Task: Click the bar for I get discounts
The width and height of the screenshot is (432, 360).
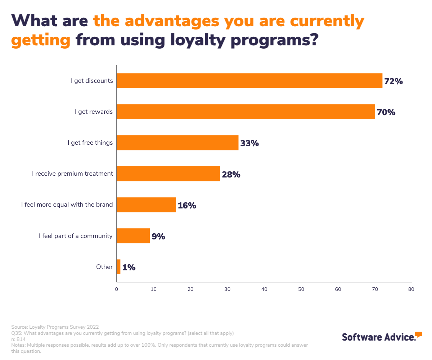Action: click(249, 81)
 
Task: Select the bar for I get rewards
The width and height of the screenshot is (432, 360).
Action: click(246, 112)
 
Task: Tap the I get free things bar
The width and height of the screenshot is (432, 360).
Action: click(177, 143)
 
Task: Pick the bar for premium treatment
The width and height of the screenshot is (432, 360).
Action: click(168, 174)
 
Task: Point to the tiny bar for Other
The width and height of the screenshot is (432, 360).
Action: click(118, 267)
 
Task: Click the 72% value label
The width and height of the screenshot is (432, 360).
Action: click(393, 81)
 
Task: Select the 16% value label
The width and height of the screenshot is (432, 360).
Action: click(187, 206)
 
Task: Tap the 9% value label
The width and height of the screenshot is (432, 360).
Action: click(158, 237)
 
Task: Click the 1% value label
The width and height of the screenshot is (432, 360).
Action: click(129, 267)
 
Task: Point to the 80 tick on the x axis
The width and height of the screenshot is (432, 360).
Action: click(411, 289)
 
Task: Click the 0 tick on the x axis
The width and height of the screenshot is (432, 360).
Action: click(117, 289)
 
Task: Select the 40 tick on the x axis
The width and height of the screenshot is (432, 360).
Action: click(264, 289)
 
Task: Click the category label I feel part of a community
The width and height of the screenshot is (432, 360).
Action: click(76, 236)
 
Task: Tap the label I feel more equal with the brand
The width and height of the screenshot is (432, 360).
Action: click(67, 205)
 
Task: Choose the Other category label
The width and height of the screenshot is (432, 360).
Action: click(104, 267)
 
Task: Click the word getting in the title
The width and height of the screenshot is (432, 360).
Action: click(40, 40)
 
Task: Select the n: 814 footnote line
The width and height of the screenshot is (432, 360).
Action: click(18, 339)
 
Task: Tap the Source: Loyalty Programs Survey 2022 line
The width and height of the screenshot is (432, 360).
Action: click(55, 327)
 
